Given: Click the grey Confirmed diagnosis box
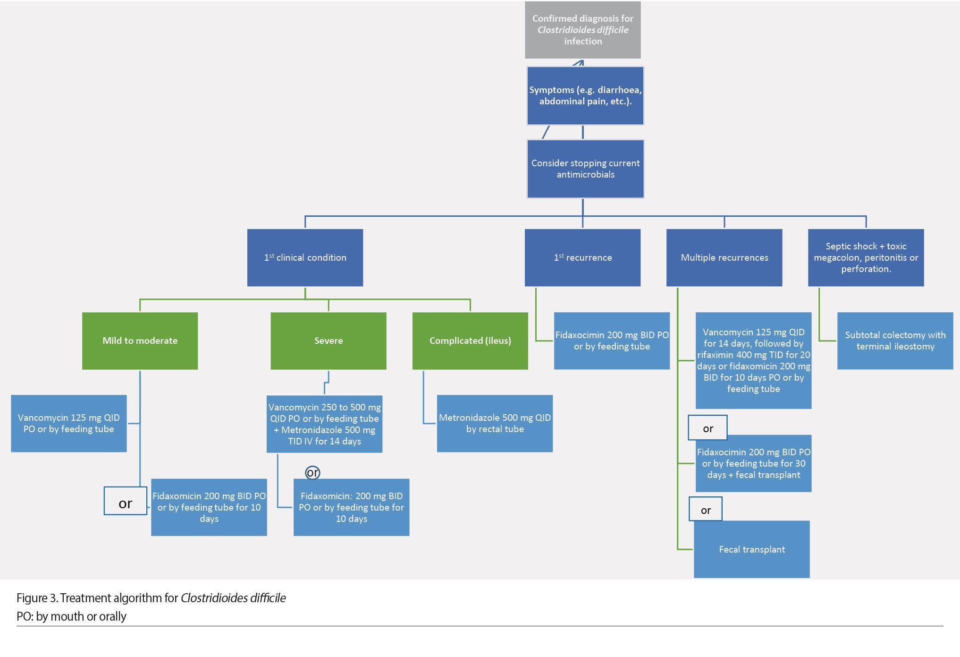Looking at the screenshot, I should click(x=582, y=30).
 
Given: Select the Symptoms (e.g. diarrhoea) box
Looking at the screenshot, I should click(x=585, y=95).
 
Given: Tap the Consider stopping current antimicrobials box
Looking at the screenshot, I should click(x=585, y=169).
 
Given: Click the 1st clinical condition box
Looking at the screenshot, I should click(x=305, y=257).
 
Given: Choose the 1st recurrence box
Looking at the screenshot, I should click(x=582, y=257).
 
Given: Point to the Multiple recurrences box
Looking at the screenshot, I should click(x=724, y=257).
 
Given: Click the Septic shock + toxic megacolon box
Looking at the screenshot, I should click(x=866, y=257).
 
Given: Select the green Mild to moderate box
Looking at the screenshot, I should click(x=140, y=341).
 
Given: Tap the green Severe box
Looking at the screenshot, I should click(x=328, y=341).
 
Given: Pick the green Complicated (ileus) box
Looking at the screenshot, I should click(x=470, y=341).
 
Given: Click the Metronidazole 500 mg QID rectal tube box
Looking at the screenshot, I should click(x=495, y=423).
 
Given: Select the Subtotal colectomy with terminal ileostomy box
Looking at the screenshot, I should click(x=895, y=341).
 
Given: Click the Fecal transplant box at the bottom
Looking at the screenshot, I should click(x=751, y=549).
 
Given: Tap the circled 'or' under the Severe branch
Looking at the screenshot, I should click(x=312, y=472).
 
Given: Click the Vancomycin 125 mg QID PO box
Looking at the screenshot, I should click(x=69, y=423).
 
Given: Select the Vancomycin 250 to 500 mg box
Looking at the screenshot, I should click(x=324, y=424).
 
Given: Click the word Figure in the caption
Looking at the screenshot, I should click(x=31, y=598).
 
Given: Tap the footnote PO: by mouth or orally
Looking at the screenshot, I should click(x=71, y=616).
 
